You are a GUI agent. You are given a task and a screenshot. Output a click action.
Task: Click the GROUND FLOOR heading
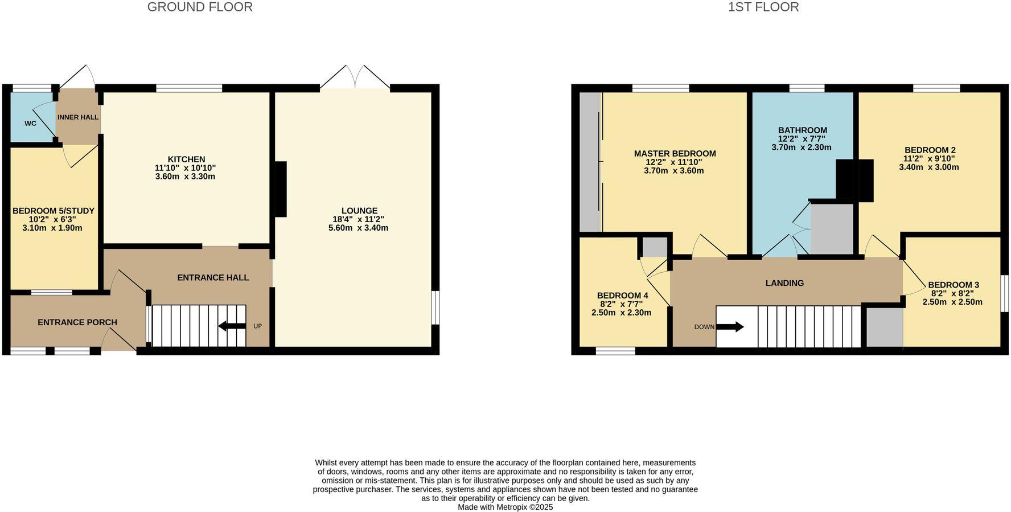tap(200, 7)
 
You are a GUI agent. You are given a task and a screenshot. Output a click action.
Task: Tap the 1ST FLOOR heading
tap(763, 7)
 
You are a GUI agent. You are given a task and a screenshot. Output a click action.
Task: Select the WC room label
tap(30, 124)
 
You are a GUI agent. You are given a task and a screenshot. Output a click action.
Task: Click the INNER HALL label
tap(78, 117)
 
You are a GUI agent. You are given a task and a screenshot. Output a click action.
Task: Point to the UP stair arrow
tap(232, 326)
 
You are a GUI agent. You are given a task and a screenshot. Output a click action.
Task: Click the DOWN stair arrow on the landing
tap(730, 327)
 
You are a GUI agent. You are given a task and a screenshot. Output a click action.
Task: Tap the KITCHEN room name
tap(186, 159)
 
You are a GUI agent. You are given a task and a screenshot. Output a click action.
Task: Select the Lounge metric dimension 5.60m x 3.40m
tap(358, 228)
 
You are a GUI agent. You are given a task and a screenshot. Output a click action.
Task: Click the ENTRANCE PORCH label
tap(77, 322)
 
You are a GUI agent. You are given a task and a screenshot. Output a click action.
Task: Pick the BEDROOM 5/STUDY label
tap(54, 211)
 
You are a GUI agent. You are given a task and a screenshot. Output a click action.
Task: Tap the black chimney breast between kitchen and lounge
tap(281, 189)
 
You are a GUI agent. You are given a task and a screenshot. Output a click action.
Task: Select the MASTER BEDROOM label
tap(675, 154)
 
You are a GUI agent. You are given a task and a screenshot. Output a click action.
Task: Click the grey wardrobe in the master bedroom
tap(590, 162)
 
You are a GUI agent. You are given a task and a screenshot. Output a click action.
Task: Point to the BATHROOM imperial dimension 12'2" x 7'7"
tap(802, 138)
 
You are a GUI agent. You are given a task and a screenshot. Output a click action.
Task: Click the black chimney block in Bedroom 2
tap(854, 180)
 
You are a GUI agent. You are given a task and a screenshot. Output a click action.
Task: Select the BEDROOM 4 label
tap(622, 296)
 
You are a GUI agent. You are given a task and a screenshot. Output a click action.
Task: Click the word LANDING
tap(784, 283)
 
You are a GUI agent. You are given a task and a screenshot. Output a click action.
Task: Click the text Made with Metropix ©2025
tap(505, 507)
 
